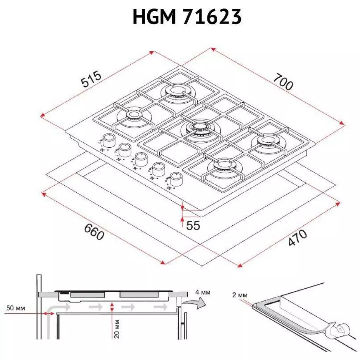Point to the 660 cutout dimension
pos(94,232)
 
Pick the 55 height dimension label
pos(193,225)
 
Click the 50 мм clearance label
pos(15,309)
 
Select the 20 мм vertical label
pos(117,329)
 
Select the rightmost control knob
pos(175,179)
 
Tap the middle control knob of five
pos(141,159)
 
